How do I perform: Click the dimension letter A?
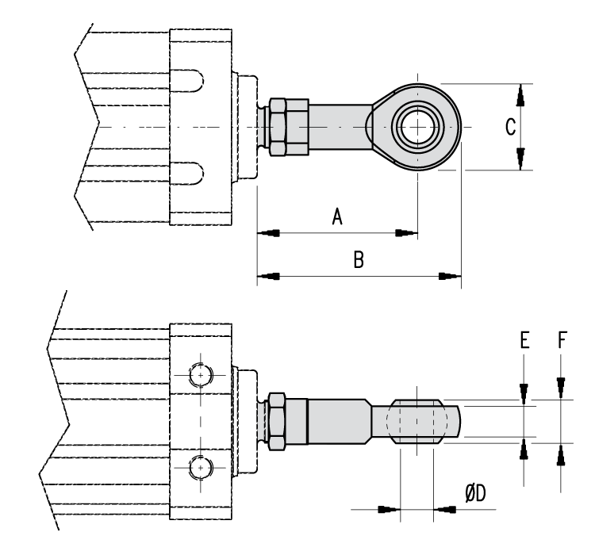[x=336, y=216]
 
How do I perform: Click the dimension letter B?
[x=359, y=260]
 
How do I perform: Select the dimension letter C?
[x=512, y=127]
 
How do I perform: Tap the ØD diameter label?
[x=475, y=493]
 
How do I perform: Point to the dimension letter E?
[x=524, y=341]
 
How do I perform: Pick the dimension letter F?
[x=562, y=341]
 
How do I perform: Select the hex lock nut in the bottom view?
[x=282, y=422]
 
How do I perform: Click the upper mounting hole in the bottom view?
[x=202, y=372]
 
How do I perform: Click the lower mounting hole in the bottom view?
[x=202, y=468]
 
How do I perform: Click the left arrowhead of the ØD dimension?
[x=387, y=507]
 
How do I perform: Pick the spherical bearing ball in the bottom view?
[x=416, y=421]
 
